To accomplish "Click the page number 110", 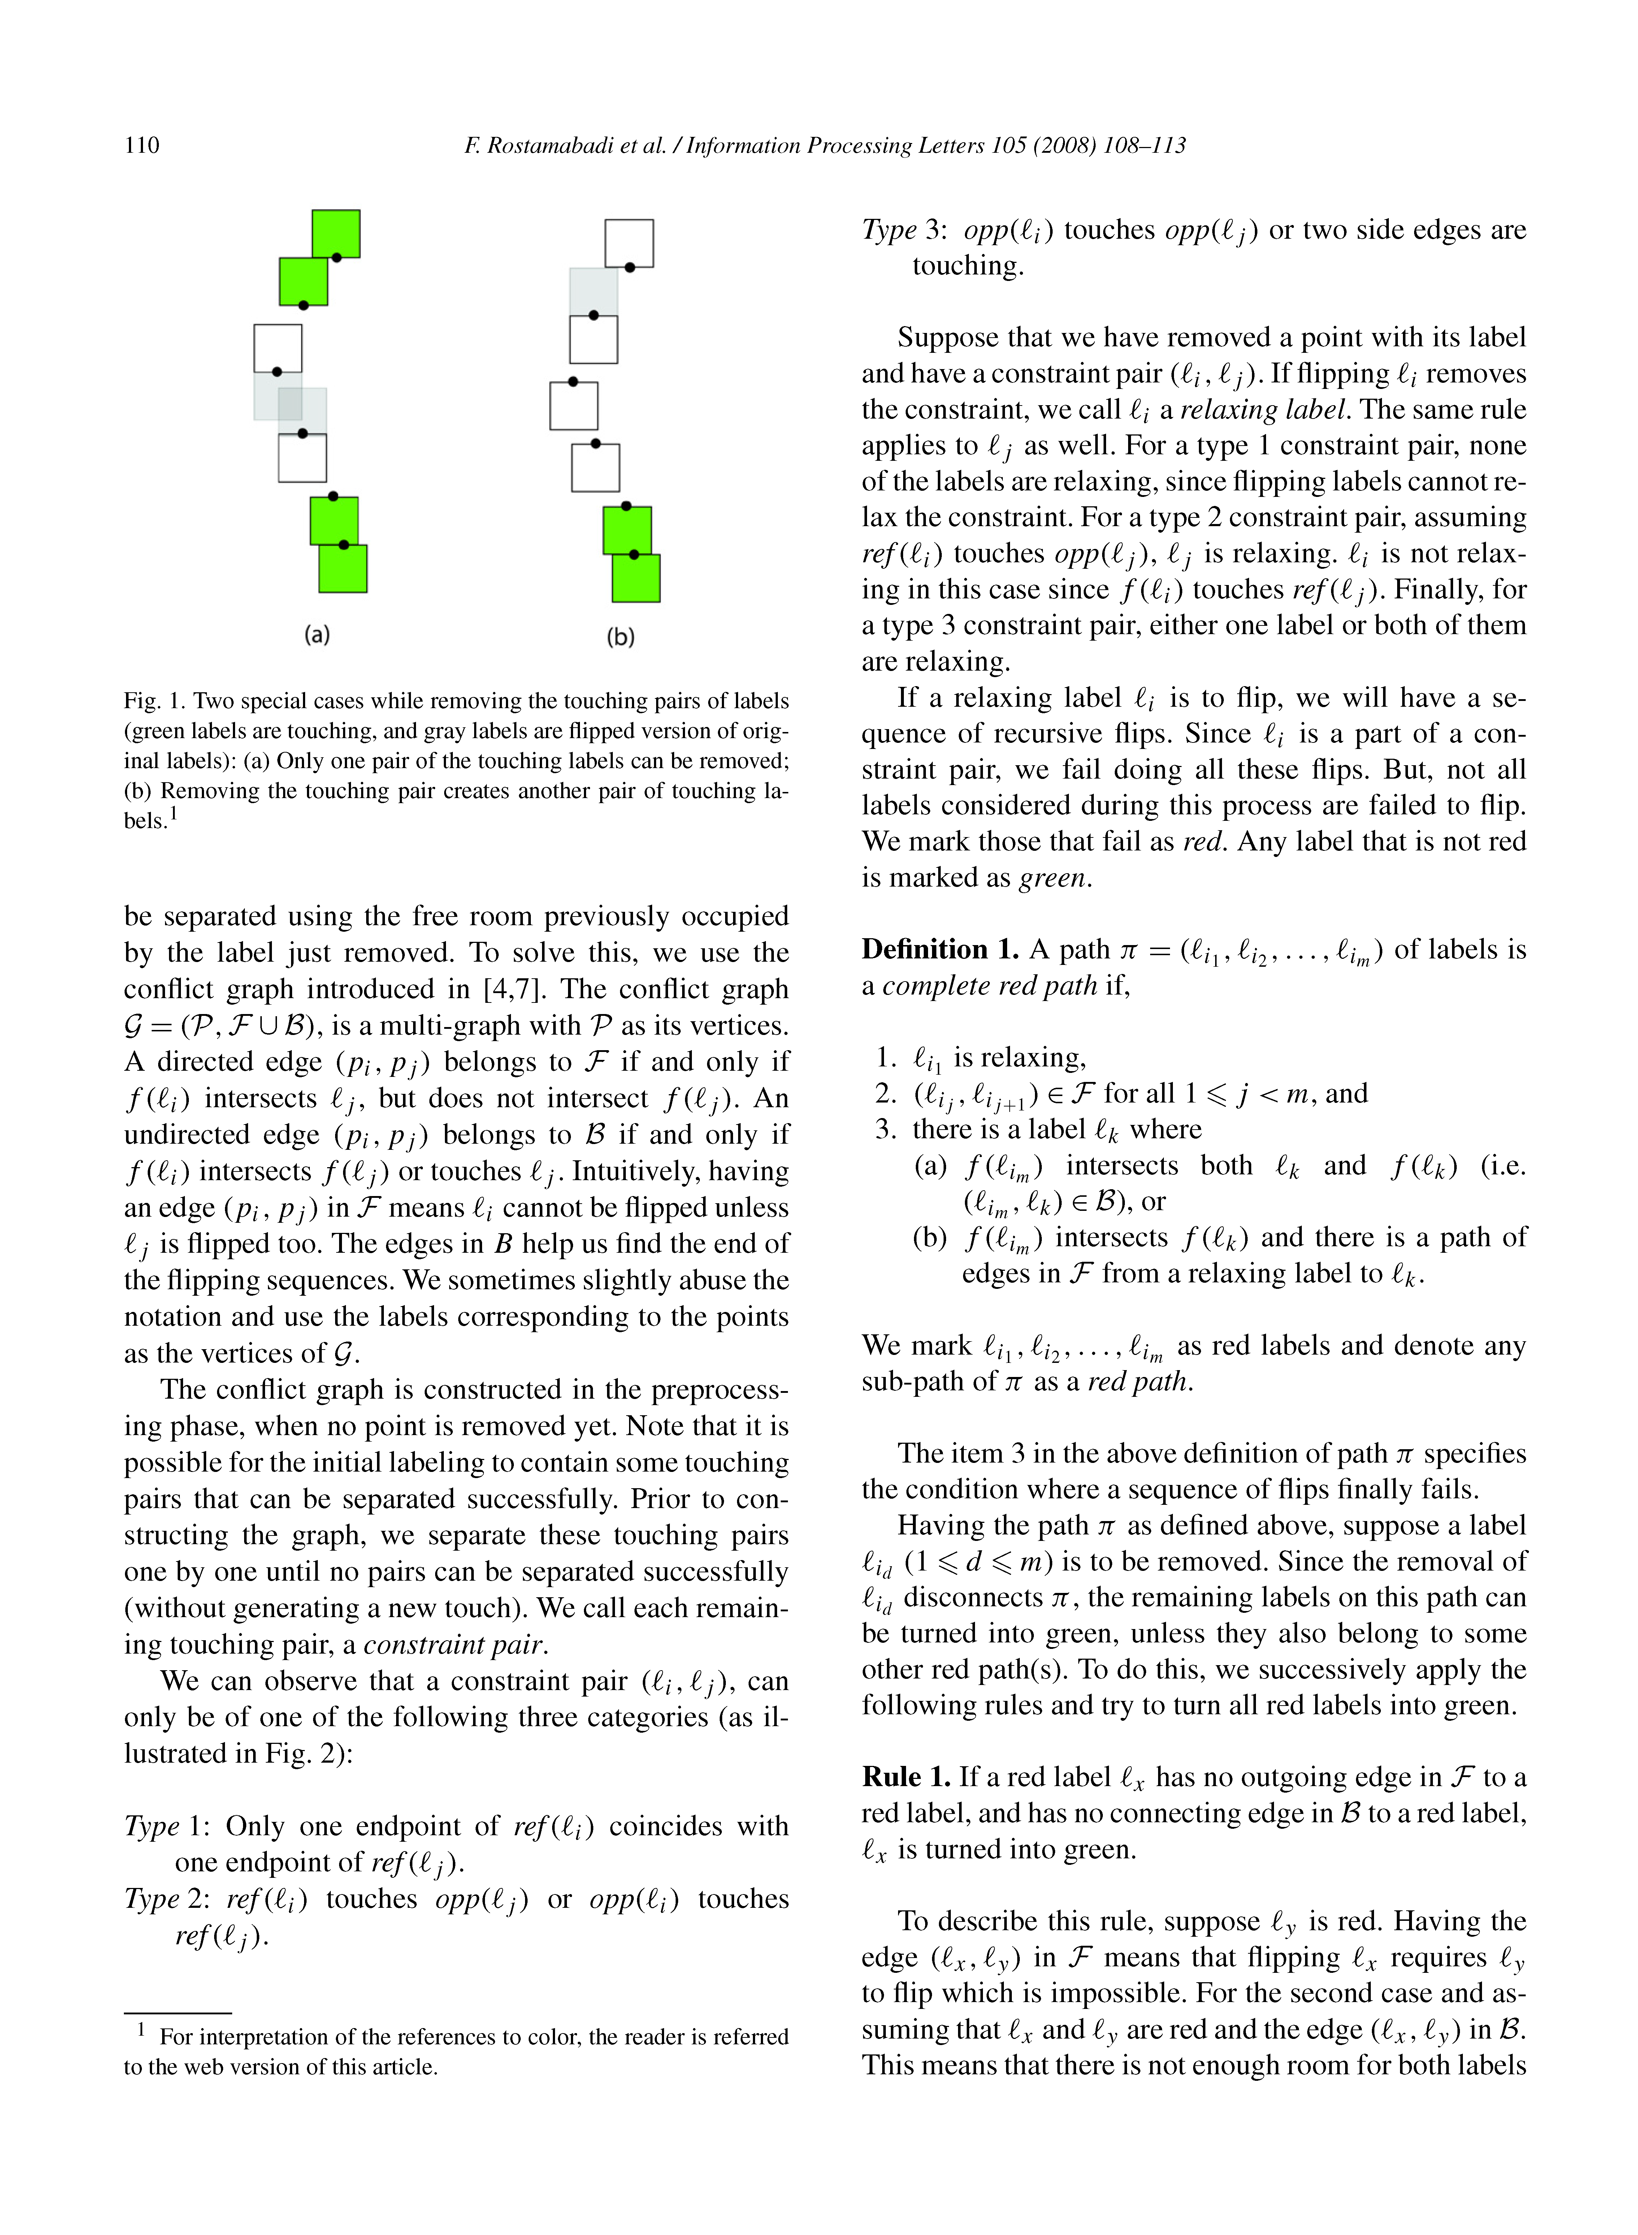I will [142, 146].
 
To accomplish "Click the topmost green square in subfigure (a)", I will [336, 233].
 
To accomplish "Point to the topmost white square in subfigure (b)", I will [630, 243].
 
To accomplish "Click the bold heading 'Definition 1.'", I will [940, 950].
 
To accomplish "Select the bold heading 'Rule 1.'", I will [906, 1777].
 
